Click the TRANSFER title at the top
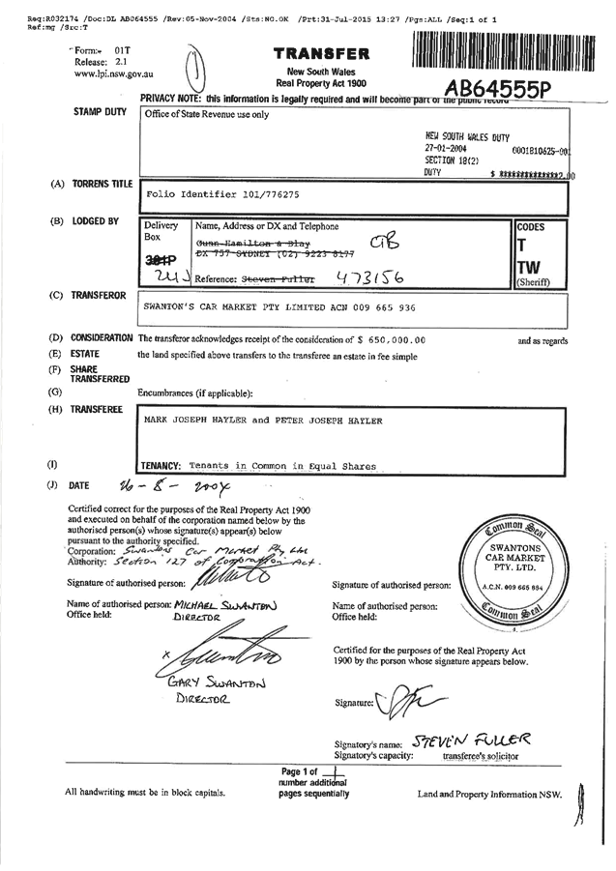pos(321,54)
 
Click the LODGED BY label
pos(96,221)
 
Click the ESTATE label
pos(86,355)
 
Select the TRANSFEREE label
pos(97,410)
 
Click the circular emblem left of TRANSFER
pos(197,67)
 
